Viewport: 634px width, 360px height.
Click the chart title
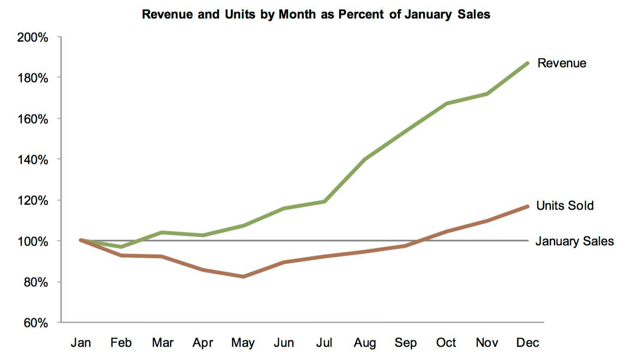[x=316, y=15]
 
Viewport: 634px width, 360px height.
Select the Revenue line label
[x=562, y=63]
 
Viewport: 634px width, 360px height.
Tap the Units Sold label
[x=565, y=205]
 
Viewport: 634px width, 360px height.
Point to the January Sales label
[x=574, y=241]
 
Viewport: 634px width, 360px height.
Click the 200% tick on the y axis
[x=33, y=38]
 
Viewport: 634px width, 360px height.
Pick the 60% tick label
[x=36, y=323]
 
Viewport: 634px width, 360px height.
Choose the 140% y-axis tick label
[x=33, y=160]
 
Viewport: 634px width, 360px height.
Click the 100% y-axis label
[x=33, y=241]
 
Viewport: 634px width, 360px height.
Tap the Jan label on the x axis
[x=81, y=343]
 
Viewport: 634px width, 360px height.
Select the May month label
[x=243, y=343]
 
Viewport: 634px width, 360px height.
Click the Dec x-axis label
[x=527, y=343]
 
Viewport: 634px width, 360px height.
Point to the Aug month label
[x=365, y=343]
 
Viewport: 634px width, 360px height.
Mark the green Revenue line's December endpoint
[x=527, y=63]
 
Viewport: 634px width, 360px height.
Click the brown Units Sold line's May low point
[x=243, y=277]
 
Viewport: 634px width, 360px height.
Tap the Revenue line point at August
[x=365, y=159]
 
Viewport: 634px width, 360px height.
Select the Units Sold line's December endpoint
[x=527, y=206]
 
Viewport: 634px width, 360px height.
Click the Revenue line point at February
[x=121, y=247]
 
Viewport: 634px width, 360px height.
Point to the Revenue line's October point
[x=446, y=104]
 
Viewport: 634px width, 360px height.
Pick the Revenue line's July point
[x=324, y=202]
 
